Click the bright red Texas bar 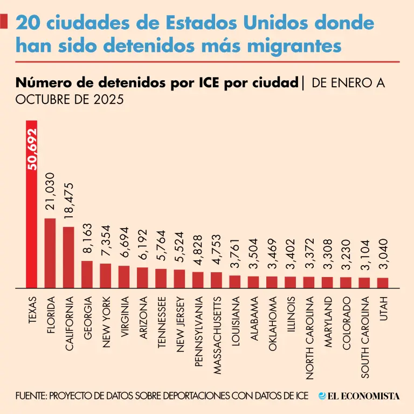(x=32, y=216)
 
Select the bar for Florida (x=50, y=253)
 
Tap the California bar (x=68, y=258)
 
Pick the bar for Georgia (x=87, y=275)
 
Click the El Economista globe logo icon (x=322, y=396)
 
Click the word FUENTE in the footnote (x=31, y=396)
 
